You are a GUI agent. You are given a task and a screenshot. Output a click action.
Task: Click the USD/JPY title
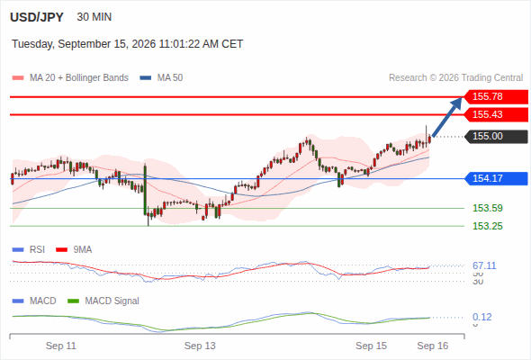click(x=37, y=17)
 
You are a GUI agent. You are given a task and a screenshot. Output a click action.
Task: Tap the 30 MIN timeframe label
click(x=94, y=17)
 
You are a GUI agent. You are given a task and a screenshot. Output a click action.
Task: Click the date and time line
click(x=127, y=44)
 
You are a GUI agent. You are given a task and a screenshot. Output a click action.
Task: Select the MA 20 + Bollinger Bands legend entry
click(x=70, y=78)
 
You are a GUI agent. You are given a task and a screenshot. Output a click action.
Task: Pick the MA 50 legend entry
click(x=161, y=78)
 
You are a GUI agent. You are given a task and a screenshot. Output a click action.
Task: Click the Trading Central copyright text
click(x=455, y=78)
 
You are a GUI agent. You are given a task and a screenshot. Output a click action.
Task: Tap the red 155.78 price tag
click(x=495, y=96)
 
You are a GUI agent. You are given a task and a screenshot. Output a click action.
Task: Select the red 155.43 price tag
click(x=495, y=114)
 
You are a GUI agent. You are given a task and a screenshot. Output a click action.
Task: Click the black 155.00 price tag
click(x=495, y=136)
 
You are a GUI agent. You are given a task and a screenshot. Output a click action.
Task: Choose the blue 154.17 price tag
click(x=495, y=178)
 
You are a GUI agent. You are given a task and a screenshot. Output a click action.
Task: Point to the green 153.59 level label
click(x=487, y=208)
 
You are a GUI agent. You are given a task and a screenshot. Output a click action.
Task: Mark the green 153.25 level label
click(x=487, y=226)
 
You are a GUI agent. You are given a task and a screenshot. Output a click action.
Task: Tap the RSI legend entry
click(x=29, y=249)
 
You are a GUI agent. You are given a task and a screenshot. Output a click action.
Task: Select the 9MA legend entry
click(x=74, y=249)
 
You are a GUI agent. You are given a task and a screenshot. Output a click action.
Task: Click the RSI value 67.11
click(x=484, y=265)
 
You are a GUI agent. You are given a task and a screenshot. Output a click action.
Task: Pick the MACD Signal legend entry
click(x=103, y=301)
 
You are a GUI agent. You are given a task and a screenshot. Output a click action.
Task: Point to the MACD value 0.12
click(x=481, y=317)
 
